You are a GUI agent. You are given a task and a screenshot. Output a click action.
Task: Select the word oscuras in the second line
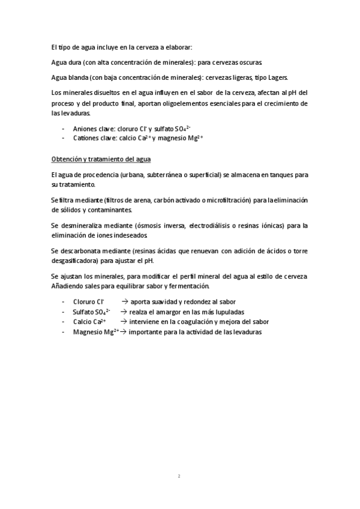click(x=248, y=62)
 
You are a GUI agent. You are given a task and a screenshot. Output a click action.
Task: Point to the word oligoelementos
click(x=179, y=103)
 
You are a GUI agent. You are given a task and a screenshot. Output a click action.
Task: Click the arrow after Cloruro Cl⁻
click(x=125, y=301)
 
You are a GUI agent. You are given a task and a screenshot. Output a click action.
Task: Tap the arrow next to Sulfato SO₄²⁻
click(x=125, y=312)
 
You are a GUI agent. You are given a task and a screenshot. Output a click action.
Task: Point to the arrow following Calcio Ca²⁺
click(x=125, y=322)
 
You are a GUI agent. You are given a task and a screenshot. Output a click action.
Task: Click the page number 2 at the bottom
click(x=179, y=477)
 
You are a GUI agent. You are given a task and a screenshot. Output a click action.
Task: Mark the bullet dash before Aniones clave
click(x=64, y=128)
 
